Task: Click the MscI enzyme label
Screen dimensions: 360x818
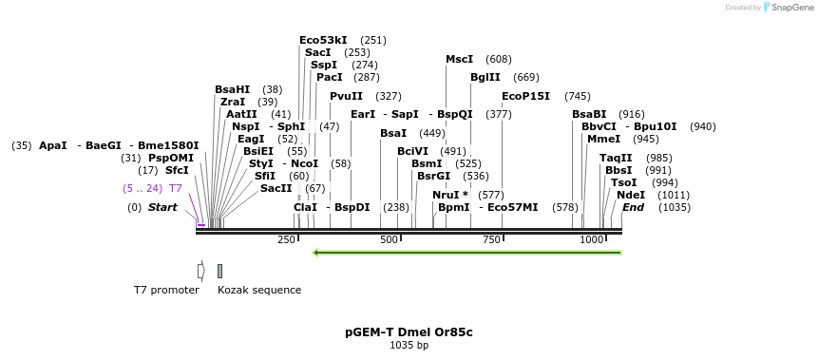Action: click(460, 59)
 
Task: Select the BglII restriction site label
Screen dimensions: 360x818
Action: click(485, 77)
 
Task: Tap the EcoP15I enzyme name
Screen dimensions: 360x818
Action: click(525, 96)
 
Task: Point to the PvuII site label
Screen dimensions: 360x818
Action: click(346, 96)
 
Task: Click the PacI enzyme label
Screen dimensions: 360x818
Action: click(329, 77)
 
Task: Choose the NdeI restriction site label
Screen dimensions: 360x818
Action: click(631, 194)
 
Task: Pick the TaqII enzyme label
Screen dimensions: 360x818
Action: click(616, 158)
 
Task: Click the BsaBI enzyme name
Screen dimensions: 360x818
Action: click(589, 114)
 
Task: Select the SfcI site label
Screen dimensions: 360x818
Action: click(177, 170)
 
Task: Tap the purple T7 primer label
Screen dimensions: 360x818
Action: click(176, 188)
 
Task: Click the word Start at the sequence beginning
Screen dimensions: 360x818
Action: click(162, 207)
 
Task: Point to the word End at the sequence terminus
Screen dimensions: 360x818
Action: click(634, 207)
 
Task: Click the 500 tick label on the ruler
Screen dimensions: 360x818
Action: click(389, 240)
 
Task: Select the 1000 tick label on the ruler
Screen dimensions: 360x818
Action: click(591, 240)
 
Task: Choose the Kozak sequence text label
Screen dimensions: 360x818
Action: click(259, 290)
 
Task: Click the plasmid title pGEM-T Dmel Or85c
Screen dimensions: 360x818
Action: click(409, 332)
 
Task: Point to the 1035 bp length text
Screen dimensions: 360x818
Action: click(409, 345)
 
